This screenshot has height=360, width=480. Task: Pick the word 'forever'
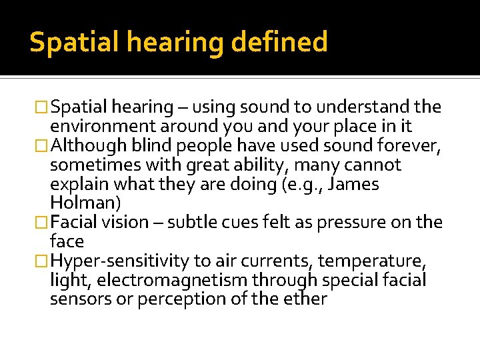407,145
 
